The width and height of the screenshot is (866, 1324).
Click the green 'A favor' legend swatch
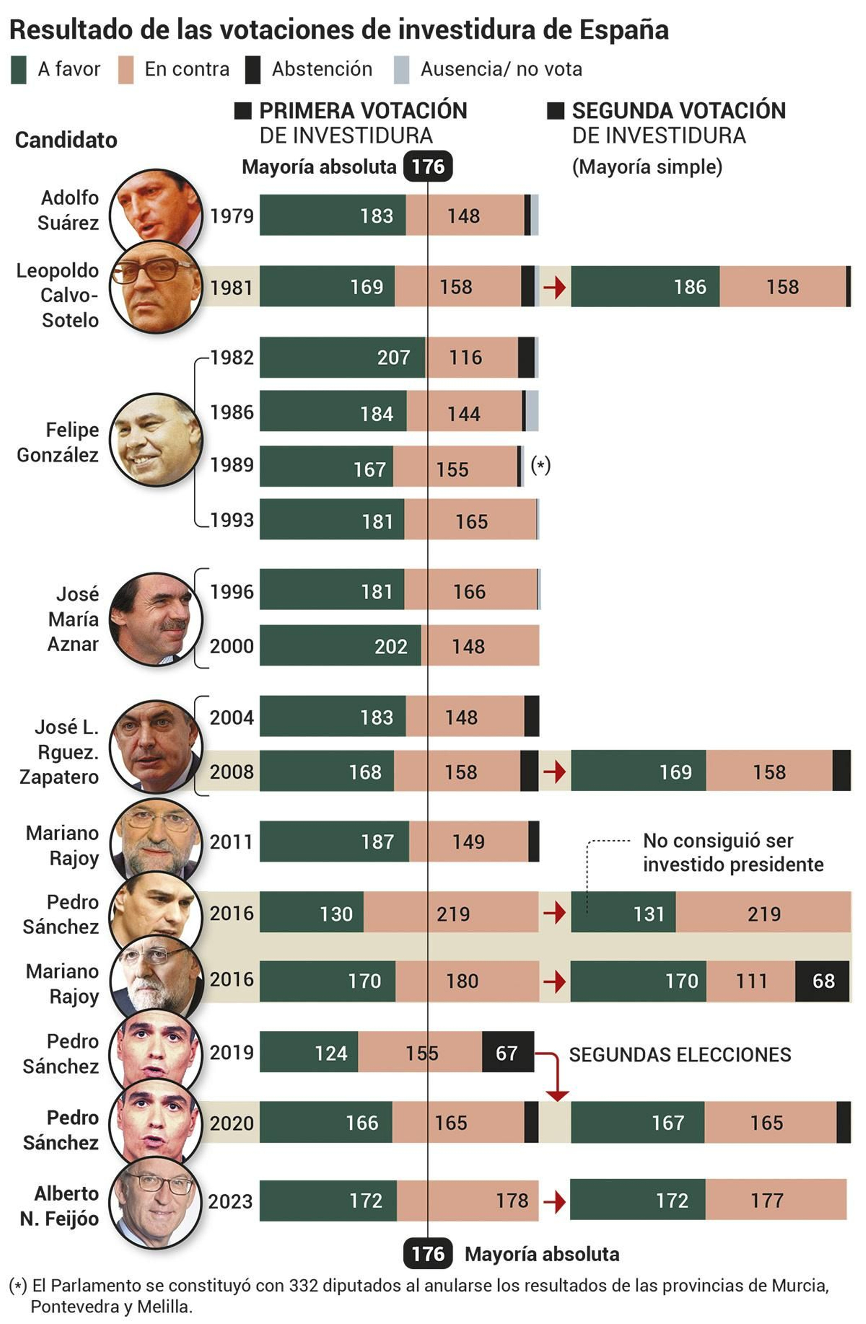click(18, 70)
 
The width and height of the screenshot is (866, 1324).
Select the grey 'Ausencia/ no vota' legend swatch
click(401, 70)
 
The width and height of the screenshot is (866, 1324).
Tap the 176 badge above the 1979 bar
click(428, 167)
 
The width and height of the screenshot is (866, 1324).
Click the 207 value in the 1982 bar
click(393, 357)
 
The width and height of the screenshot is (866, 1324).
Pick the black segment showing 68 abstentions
click(823, 981)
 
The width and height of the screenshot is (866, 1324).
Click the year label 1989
click(232, 465)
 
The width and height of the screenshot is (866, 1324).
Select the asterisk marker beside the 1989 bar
click(540, 465)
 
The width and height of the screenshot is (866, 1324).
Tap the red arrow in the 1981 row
click(554, 287)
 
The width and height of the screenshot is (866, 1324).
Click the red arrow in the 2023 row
click(554, 1202)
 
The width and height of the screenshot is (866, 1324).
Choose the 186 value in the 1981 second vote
click(690, 287)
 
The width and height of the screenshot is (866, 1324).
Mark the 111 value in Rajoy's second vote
click(751, 981)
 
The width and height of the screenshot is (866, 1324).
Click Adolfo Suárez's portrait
click(156, 210)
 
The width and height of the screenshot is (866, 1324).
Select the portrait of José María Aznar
click(156, 619)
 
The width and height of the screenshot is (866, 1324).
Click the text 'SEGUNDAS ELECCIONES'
click(680, 1055)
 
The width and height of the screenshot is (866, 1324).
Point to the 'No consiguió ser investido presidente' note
click(732, 852)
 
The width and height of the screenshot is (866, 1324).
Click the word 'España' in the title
click(624, 30)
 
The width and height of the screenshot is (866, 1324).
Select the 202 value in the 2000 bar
click(391, 646)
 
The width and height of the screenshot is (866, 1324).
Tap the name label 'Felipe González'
click(58, 442)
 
